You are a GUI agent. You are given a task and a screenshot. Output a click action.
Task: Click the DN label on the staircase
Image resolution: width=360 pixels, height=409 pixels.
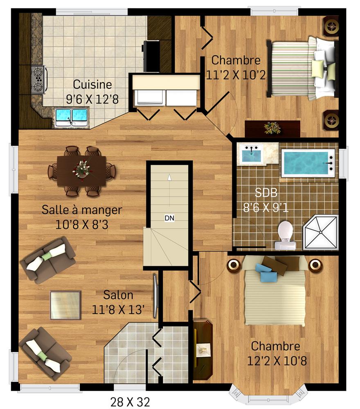(169, 218)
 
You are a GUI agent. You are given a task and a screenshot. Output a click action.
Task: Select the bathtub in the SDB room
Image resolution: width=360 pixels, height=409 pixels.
(308, 164)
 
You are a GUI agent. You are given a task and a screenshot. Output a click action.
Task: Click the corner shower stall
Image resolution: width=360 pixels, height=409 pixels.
(321, 232)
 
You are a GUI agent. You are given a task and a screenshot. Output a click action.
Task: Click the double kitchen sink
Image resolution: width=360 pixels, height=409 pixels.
(72, 117)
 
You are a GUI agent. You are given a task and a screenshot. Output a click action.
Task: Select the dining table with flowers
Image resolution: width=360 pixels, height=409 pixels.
(82, 171)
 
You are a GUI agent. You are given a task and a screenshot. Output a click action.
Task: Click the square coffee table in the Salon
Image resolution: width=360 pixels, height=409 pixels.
(65, 305)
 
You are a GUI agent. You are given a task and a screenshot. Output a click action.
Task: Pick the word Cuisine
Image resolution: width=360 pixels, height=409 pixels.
(92, 84)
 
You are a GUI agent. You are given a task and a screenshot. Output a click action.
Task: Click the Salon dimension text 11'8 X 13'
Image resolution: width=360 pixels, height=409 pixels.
(118, 310)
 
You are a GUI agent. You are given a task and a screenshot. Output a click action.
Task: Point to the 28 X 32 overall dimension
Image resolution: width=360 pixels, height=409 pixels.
(130, 402)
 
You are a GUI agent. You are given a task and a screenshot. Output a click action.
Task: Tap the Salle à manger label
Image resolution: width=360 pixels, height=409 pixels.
(82, 210)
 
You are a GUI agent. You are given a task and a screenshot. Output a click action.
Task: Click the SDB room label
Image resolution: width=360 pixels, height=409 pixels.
(266, 193)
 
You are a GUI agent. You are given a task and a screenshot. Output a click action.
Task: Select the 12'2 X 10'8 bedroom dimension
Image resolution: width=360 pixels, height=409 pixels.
(277, 361)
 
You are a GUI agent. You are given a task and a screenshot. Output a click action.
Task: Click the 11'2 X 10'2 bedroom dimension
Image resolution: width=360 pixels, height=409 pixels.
(236, 75)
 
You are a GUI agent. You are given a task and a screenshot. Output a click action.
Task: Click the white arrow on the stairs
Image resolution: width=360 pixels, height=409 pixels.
(169, 177)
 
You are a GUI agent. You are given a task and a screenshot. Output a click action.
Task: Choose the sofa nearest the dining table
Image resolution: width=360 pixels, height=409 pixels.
(48, 260)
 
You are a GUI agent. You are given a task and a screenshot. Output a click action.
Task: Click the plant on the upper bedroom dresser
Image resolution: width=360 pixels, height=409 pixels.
(272, 128)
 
